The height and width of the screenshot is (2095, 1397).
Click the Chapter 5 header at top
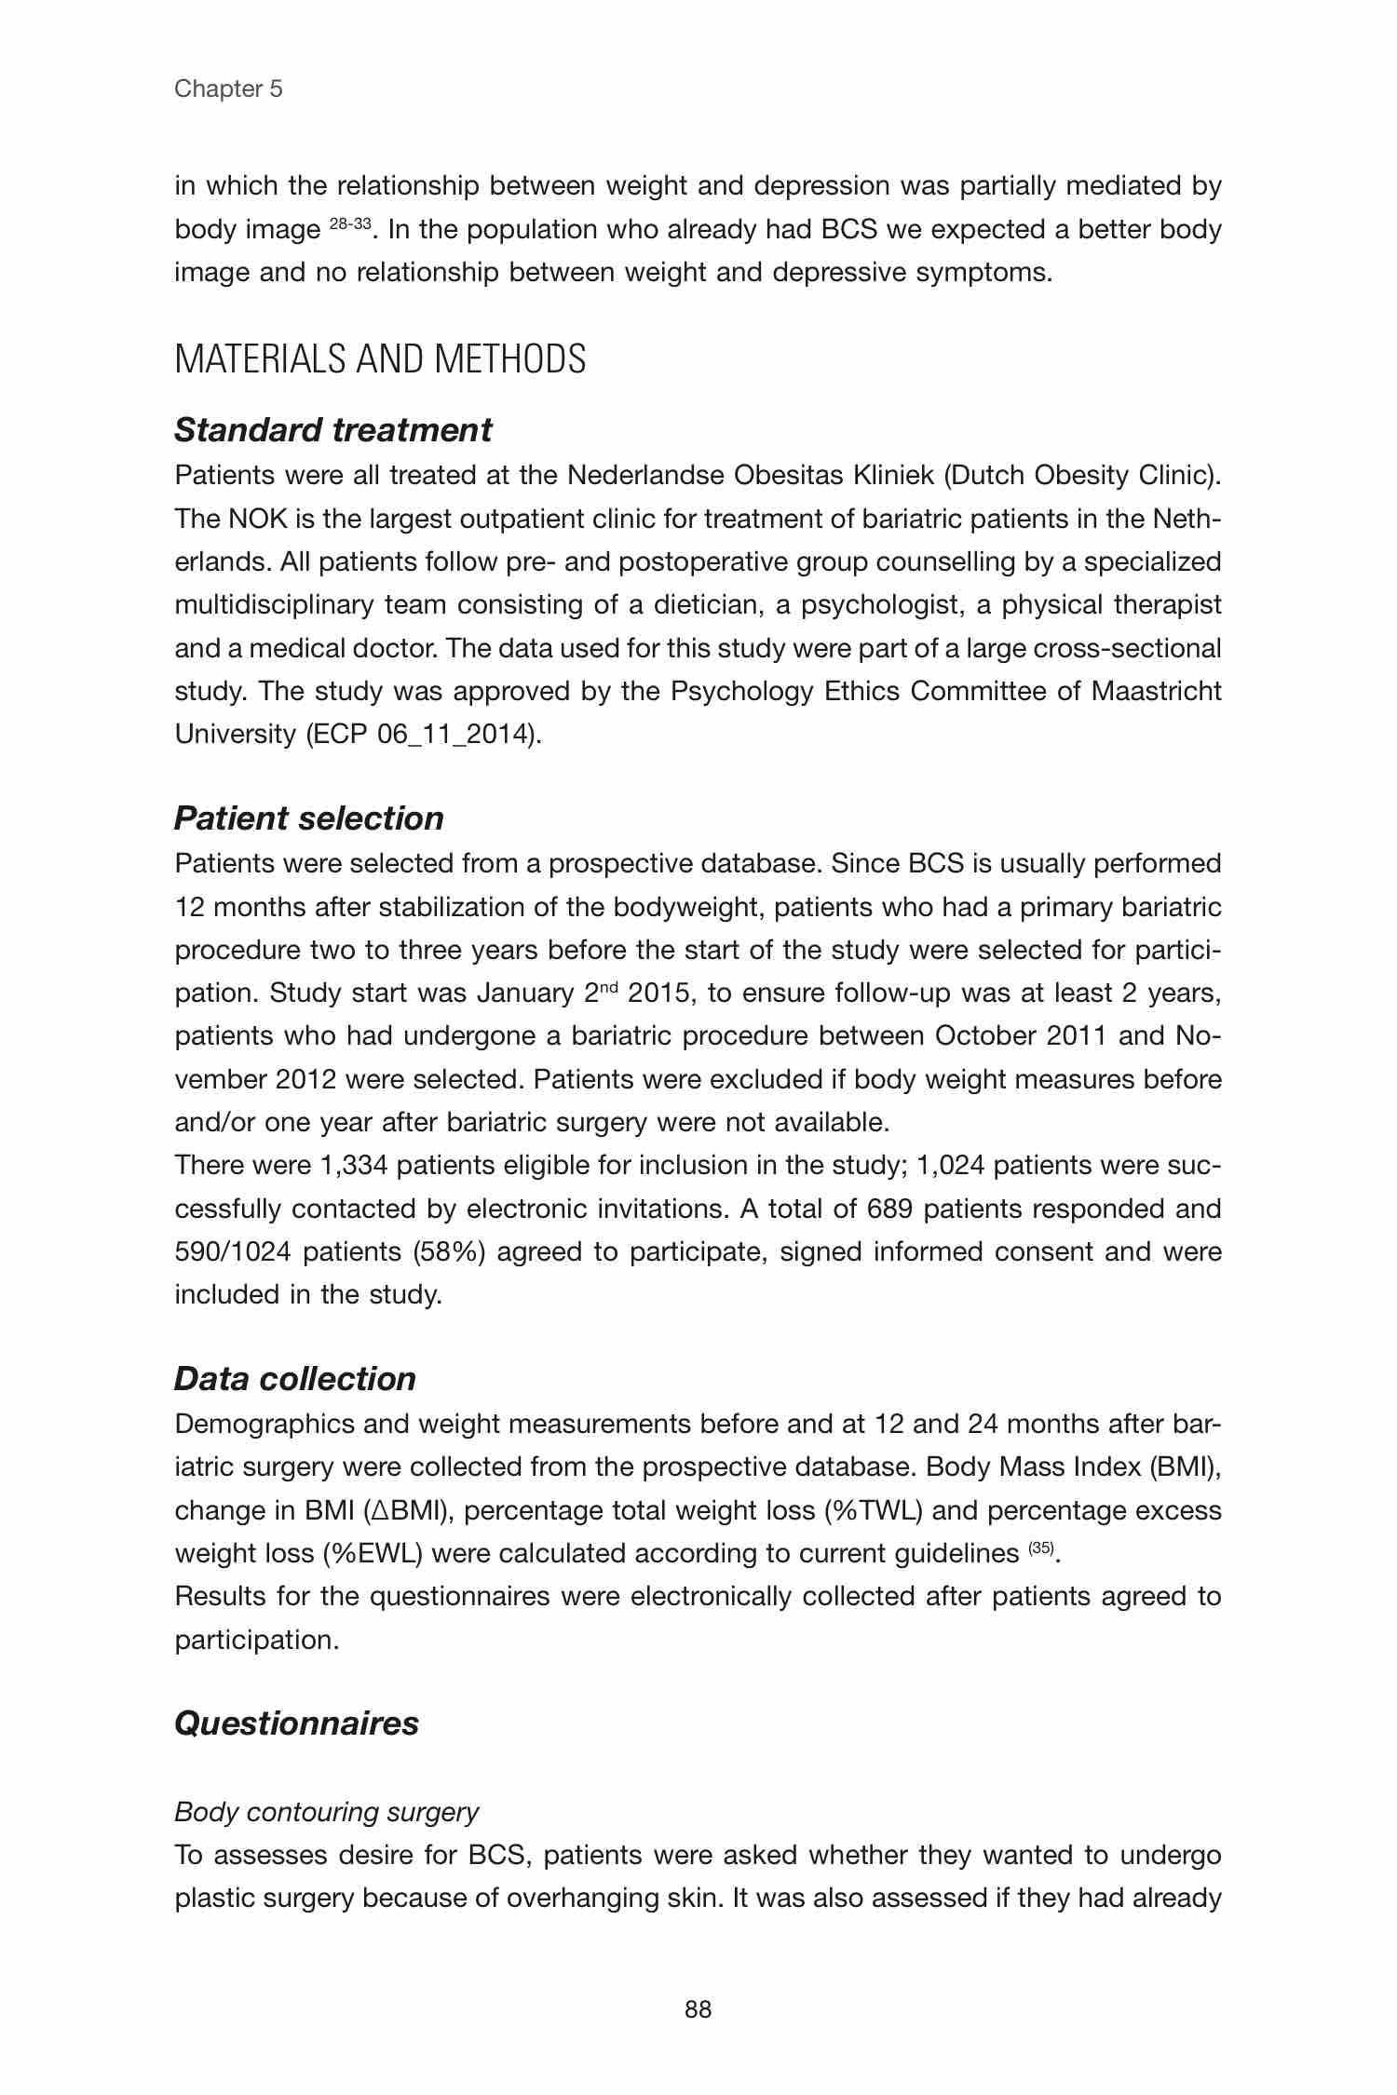(x=228, y=89)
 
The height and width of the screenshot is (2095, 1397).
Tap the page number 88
(x=698, y=2009)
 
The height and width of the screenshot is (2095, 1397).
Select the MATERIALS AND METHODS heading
(x=380, y=359)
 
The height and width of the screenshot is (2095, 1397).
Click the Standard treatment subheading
(x=332, y=430)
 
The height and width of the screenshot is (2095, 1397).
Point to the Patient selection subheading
(x=308, y=818)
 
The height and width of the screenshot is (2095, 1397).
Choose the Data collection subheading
(x=294, y=1379)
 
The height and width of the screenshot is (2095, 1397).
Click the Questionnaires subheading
(x=296, y=1723)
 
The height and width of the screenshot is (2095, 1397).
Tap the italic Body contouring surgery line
(x=326, y=1812)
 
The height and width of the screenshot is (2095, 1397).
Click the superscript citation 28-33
(x=351, y=223)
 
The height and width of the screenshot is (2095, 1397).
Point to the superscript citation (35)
(x=1040, y=1548)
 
